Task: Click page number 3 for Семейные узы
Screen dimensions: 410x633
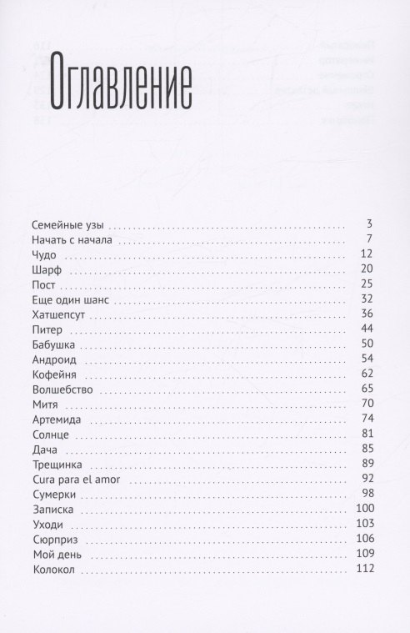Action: (x=367, y=225)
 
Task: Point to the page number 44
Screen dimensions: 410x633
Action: (x=365, y=329)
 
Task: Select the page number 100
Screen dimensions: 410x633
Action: (x=362, y=510)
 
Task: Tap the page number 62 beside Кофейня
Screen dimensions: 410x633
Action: (x=365, y=374)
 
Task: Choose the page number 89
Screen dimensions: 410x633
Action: (x=365, y=465)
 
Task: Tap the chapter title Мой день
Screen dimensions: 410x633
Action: (x=55, y=555)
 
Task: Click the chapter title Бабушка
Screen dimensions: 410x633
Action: (x=55, y=344)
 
